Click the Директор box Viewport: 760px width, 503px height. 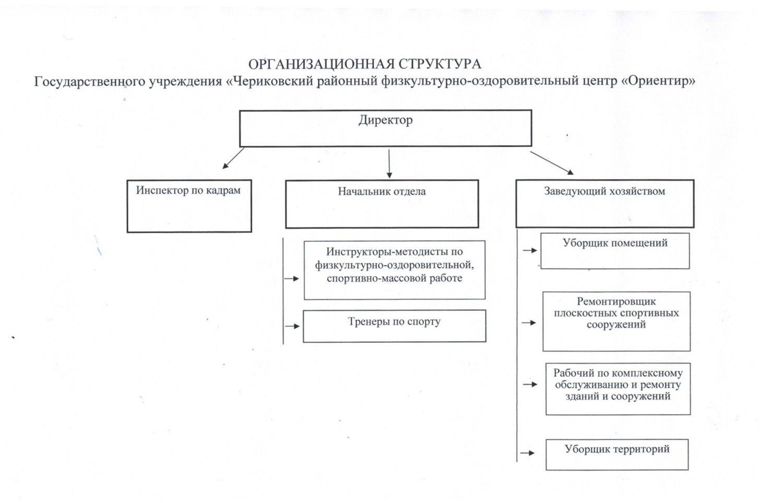coord(385,128)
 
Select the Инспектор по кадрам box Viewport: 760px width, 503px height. coord(189,206)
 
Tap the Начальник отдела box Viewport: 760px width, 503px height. coord(382,204)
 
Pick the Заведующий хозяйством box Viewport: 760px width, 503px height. coord(605,204)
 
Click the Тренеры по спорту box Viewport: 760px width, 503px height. coord(394,326)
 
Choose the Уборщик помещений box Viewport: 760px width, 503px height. coord(615,251)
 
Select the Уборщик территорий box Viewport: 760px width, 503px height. coord(617,454)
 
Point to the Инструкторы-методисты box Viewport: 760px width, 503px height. coord(394,270)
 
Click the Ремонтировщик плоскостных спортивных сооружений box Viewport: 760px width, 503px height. coord(616,321)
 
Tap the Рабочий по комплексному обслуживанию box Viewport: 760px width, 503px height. coord(618,389)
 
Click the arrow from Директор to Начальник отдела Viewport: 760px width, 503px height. coord(389,164)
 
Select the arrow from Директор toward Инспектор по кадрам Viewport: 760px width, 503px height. coord(233,158)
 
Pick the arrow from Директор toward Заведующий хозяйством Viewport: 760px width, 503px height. coord(552,163)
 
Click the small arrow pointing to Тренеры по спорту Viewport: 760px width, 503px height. coord(292,326)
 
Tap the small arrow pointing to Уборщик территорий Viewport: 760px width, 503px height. coord(527,453)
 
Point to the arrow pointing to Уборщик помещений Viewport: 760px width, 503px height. coord(530,251)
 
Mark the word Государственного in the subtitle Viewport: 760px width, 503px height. coord(90,82)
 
